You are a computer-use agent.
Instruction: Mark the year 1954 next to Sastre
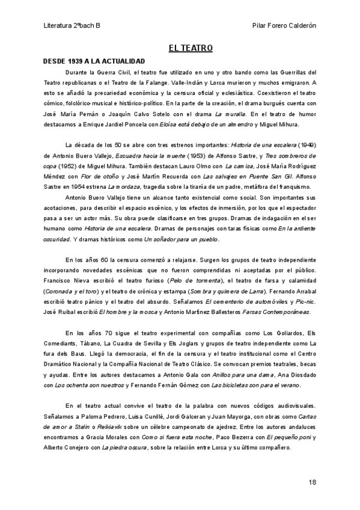click(x=88, y=187)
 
